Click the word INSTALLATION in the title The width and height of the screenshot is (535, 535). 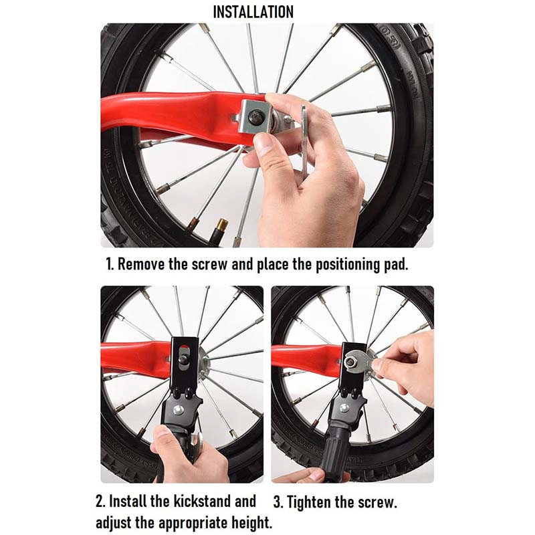pyautogui.click(x=253, y=12)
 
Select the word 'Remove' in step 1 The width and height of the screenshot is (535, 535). pyautogui.click(x=141, y=263)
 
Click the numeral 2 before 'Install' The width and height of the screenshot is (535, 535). pyautogui.click(x=100, y=501)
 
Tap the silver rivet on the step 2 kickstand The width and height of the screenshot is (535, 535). pyautogui.click(x=177, y=409)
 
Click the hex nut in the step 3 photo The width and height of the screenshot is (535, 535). pyautogui.click(x=350, y=361)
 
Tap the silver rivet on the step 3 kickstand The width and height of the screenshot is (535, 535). pyautogui.click(x=344, y=408)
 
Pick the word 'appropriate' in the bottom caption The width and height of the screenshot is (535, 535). pyautogui.click(x=193, y=524)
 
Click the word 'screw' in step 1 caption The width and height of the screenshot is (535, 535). pyautogui.click(x=209, y=264)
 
